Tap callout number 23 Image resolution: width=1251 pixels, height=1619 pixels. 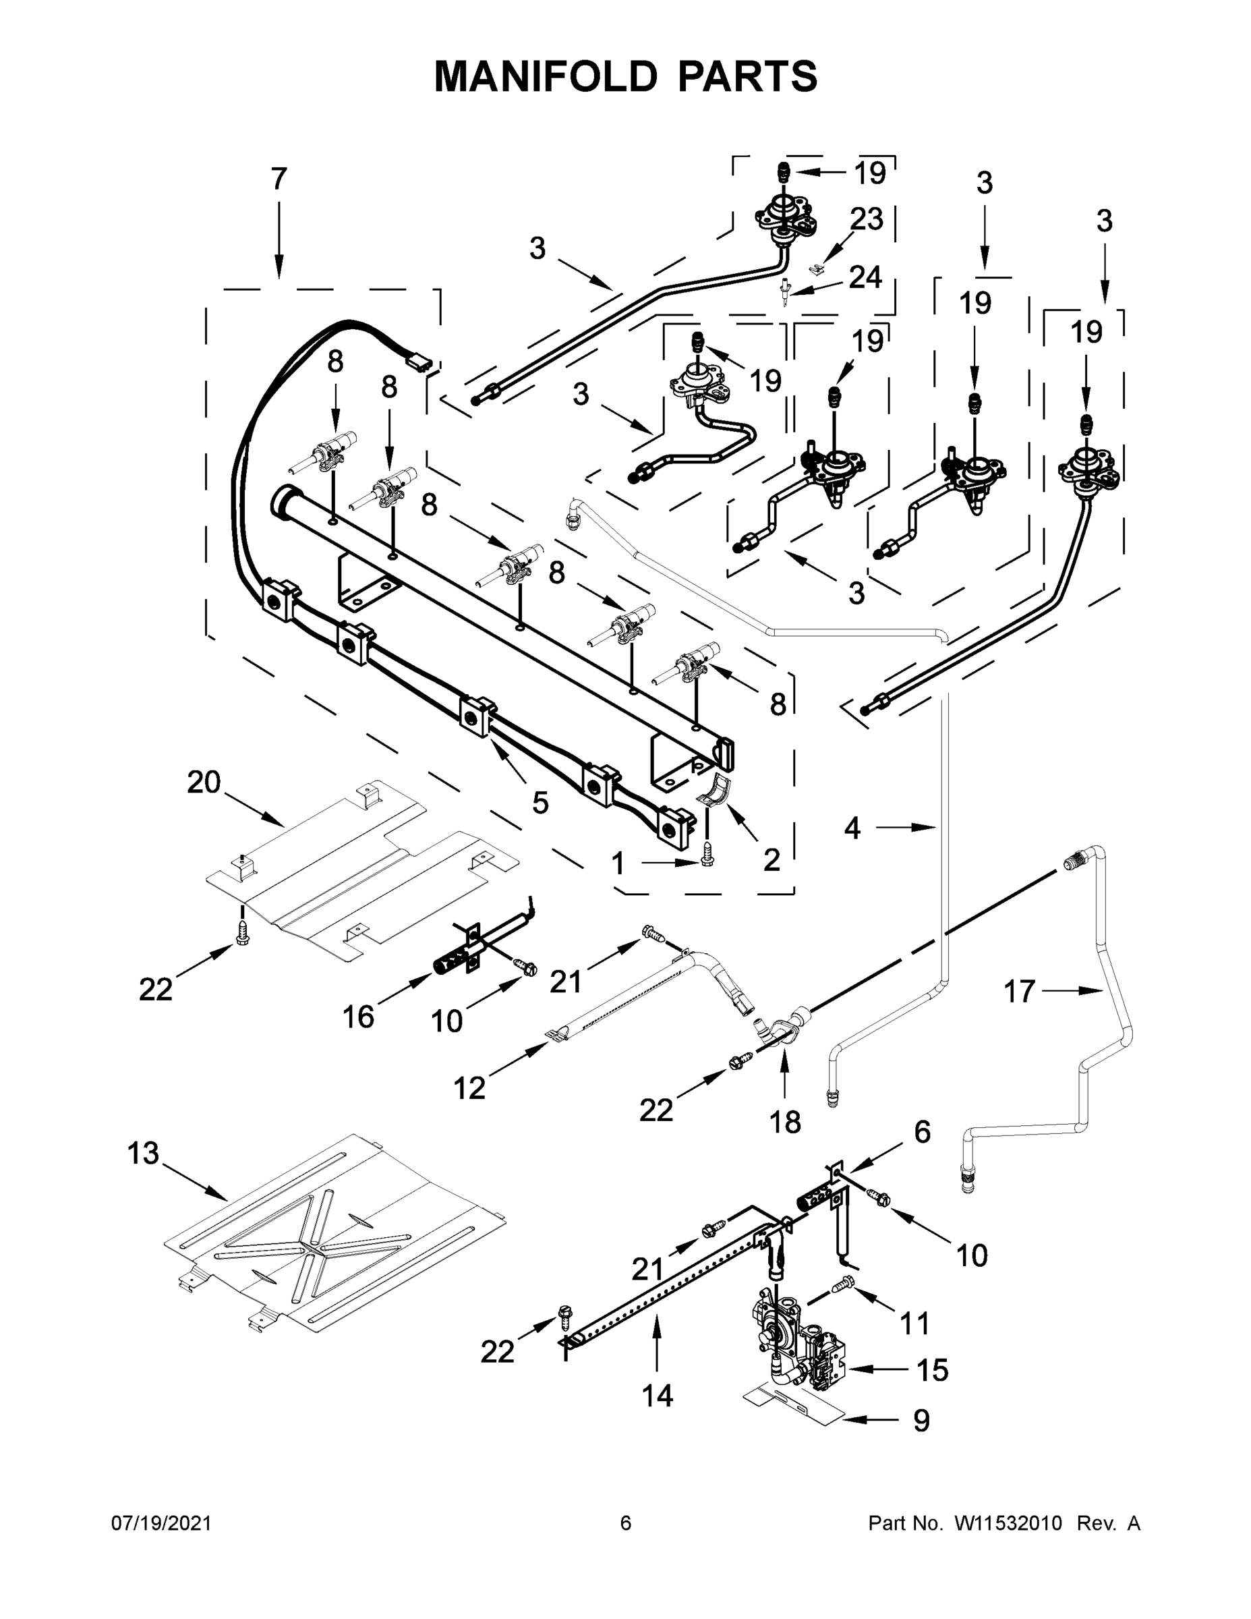pos(867,219)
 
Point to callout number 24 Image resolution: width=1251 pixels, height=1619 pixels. pos(865,277)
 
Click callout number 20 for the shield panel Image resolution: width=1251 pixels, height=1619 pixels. pos(204,782)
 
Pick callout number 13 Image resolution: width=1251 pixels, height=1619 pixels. pos(143,1153)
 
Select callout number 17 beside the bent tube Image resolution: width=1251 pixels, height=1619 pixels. pos(1019,991)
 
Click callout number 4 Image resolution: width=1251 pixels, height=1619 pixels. pos(852,827)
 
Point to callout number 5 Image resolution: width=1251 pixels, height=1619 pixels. pos(540,802)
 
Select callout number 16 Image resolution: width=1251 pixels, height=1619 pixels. pos(358,1017)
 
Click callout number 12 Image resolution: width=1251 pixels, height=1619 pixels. pos(469,1087)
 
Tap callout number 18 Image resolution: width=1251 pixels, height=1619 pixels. pos(786,1123)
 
